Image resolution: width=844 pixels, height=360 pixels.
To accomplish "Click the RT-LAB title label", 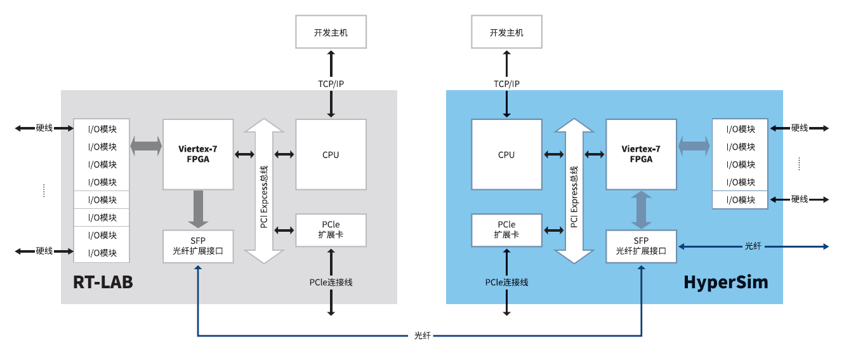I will pyautogui.click(x=103, y=283).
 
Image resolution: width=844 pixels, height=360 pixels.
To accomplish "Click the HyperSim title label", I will pyautogui.click(x=725, y=283).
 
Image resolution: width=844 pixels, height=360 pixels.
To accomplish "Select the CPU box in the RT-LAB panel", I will pyautogui.click(x=331, y=154).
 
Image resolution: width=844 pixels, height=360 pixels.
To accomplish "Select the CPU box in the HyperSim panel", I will pyautogui.click(x=506, y=154).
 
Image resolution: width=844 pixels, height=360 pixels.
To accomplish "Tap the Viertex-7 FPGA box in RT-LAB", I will pyautogui.click(x=198, y=154).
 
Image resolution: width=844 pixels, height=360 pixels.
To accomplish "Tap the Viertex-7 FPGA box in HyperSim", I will pyautogui.click(x=641, y=154).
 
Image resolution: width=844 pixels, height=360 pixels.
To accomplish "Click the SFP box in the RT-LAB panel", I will pyautogui.click(x=197, y=246).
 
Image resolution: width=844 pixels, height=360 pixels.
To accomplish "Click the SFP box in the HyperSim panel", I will pyautogui.click(x=641, y=246).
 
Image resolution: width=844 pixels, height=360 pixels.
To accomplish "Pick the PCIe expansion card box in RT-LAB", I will pyautogui.click(x=331, y=230).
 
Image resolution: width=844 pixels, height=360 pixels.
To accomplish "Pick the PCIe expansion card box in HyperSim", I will pyautogui.click(x=506, y=230).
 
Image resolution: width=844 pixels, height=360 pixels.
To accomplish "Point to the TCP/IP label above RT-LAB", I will pyautogui.click(x=331, y=84).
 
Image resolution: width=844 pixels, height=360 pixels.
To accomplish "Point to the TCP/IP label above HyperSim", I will pyautogui.click(x=506, y=84).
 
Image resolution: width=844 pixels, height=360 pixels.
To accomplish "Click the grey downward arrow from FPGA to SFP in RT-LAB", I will pyautogui.click(x=198, y=209).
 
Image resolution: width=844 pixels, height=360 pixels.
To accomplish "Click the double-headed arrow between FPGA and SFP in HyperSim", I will pyautogui.click(x=641, y=210).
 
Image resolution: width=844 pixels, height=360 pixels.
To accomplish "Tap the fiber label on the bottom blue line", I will pyautogui.click(x=422, y=335).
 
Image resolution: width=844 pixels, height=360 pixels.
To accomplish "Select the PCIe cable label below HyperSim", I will pyautogui.click(x=506, y=282).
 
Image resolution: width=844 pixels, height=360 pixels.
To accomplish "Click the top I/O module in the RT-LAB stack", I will pyautogui.click(x=102, y=129).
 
